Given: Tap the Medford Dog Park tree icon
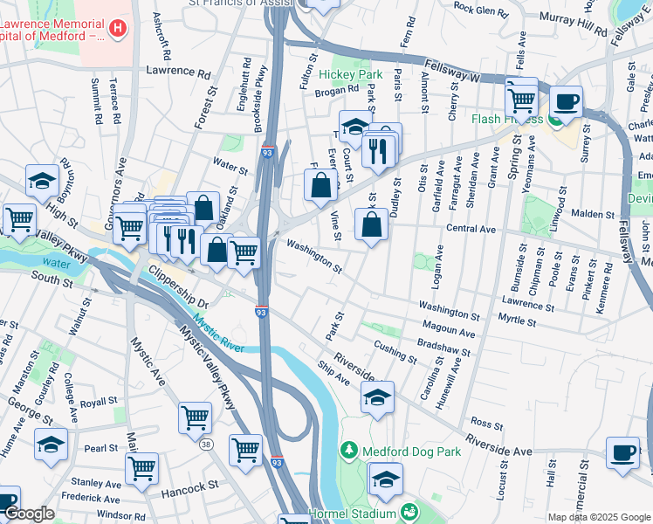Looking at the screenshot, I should [x=349, y=450].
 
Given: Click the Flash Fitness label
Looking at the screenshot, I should [x=507, y=119].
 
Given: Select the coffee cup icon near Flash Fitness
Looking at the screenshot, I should [x=566, y=101].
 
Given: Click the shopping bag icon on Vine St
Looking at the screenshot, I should [x=372, y=223].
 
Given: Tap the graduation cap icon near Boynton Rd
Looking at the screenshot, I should [x=41, y=181].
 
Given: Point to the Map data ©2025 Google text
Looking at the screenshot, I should [x=599, y=517].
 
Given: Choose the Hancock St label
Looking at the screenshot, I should [x=189, y=486].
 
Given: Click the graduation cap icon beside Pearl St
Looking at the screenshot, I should [x=51, y=445].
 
